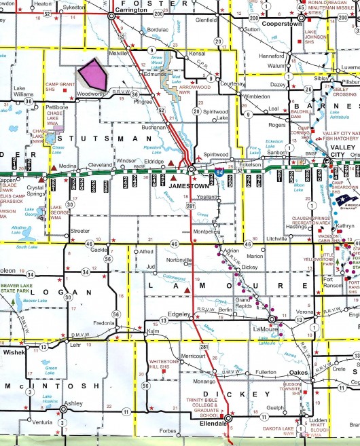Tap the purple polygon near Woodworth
94,74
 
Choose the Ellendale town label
213,424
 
